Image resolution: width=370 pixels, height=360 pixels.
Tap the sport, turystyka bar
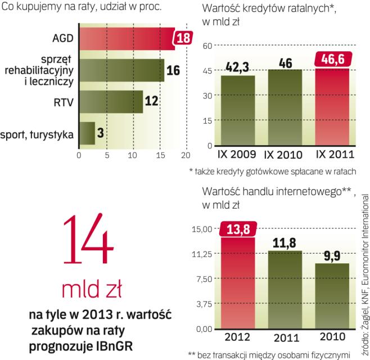[x=87, y=133]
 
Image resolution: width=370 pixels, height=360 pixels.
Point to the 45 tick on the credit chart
[x=207, y=70]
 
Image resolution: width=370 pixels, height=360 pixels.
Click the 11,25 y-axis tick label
[x=199, y=254]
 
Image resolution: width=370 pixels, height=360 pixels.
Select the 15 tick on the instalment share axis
[x=160, y=155]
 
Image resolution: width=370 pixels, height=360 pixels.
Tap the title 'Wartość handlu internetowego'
[x=269, y=191]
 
